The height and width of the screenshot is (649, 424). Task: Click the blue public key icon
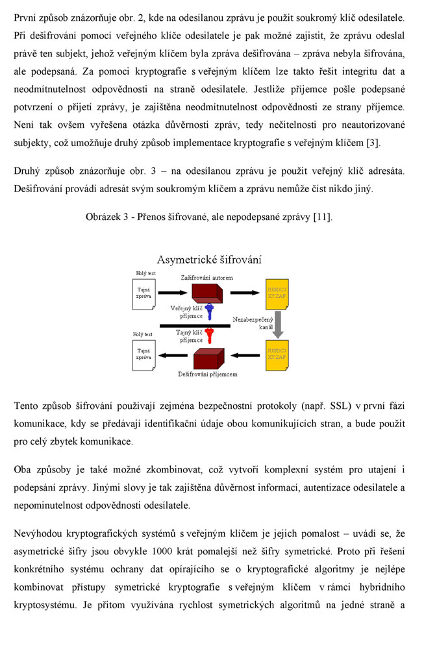point(209,312)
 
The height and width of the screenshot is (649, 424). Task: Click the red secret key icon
point(209,336)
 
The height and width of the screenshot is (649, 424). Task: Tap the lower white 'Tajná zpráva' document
point(143,354)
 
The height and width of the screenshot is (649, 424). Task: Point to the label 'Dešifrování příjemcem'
point(208,374)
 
